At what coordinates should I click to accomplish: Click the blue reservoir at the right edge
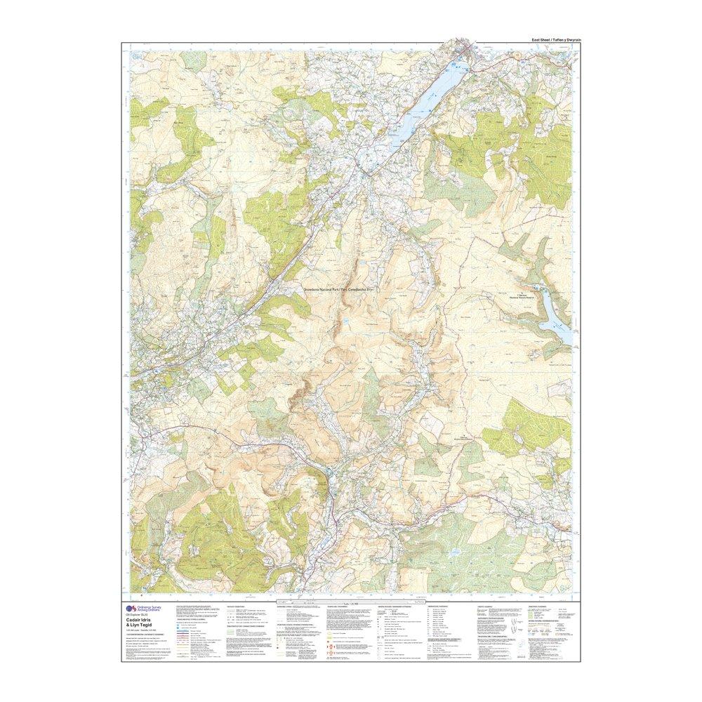click(554, 317)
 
